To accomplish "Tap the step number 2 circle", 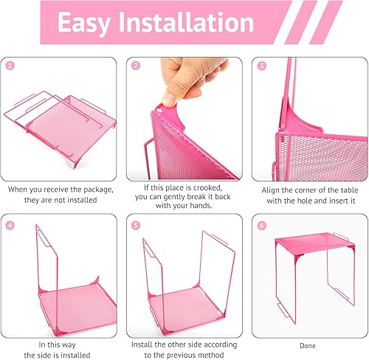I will point(137,65).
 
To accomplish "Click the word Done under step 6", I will point(306,344).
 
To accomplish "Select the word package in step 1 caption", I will point(96,188).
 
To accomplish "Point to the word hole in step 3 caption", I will point(293,199).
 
